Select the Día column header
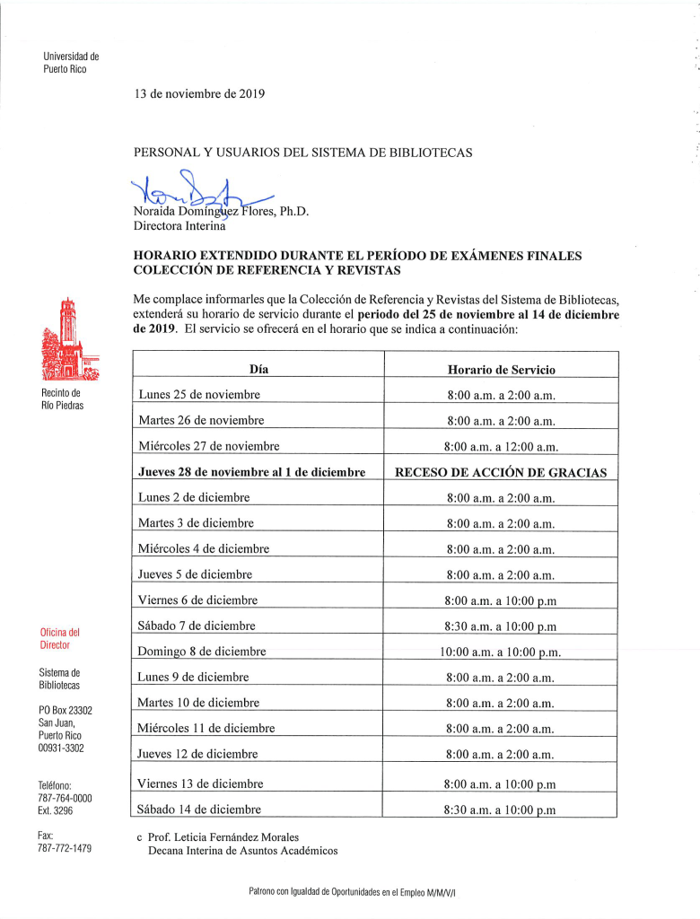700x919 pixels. point(258,369)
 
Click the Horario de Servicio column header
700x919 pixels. point(501,370)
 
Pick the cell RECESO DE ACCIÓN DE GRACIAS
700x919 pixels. point(501,472)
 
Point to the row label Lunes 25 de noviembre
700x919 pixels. point(199,395)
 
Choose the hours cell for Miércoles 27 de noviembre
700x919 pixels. point(501,446)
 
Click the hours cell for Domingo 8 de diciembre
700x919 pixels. point(501,652)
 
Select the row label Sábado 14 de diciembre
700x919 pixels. point(198,810)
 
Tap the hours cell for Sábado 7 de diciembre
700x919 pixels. point(501,626)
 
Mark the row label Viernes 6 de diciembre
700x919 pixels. point(198,600)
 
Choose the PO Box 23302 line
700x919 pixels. point(66,711)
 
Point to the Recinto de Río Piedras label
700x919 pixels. point(62,399)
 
